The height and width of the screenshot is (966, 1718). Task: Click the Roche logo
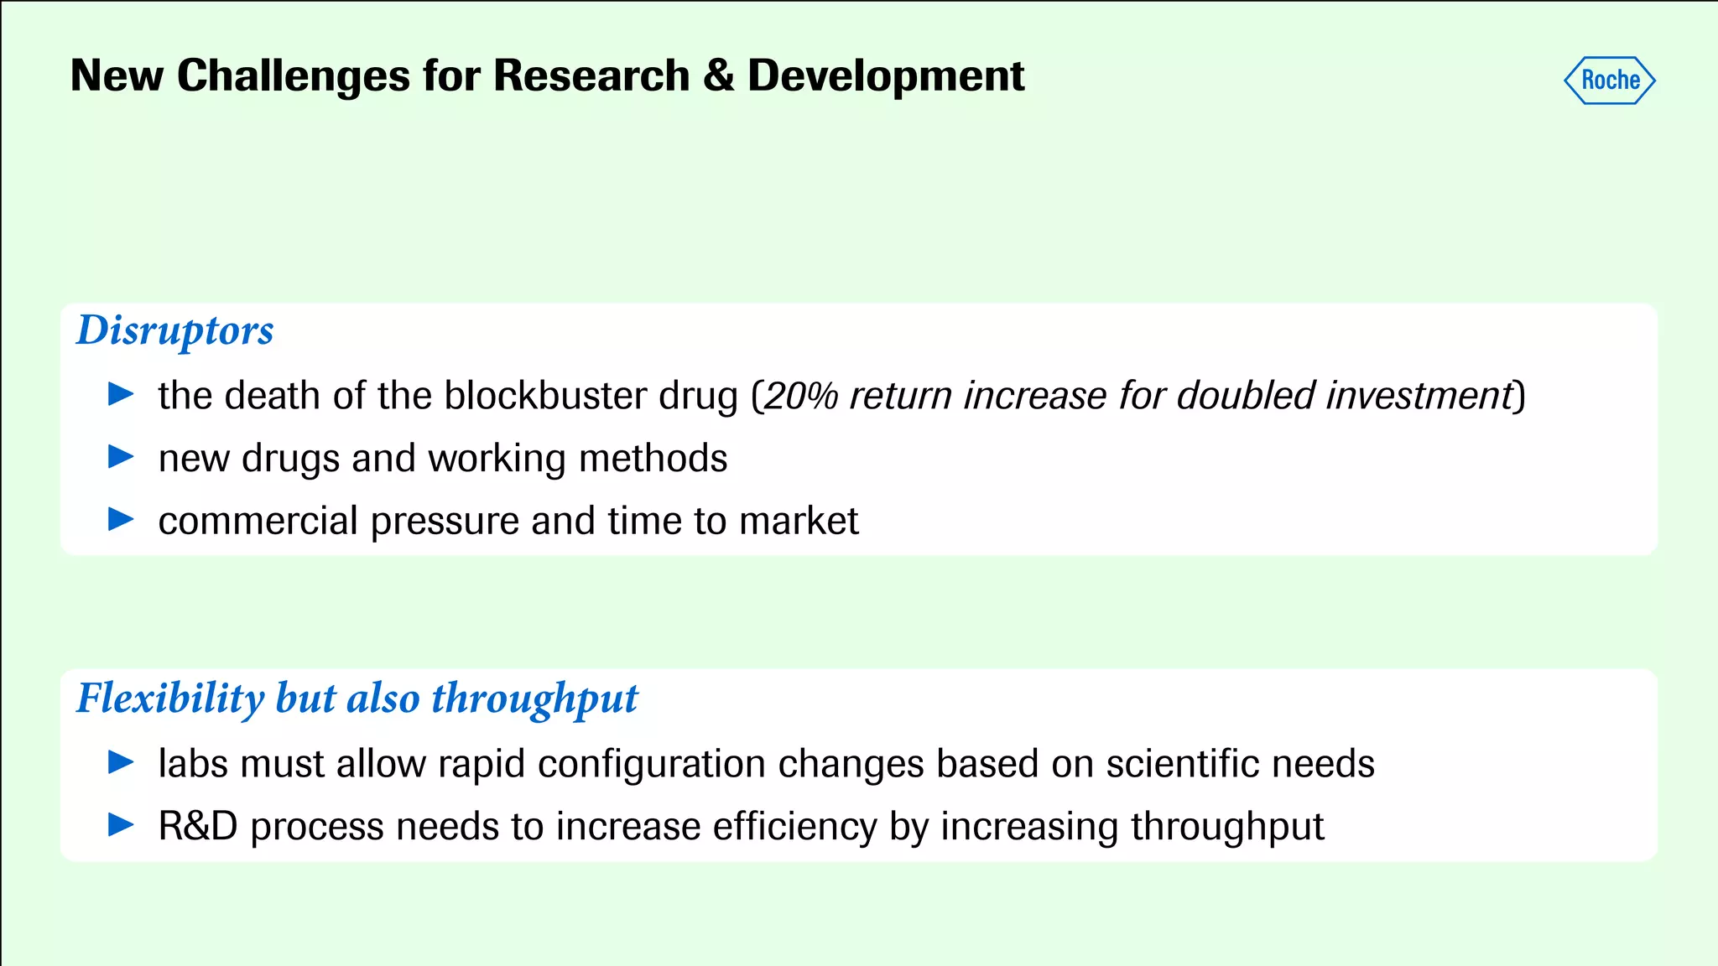point(1609,80)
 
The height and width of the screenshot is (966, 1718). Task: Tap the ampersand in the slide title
point(718,76)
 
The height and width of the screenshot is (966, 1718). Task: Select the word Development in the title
point(886,76)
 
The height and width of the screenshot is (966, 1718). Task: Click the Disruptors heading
point(174,330)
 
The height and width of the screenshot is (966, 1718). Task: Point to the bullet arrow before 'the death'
point(122,393)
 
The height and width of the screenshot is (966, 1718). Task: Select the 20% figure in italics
point(801,396)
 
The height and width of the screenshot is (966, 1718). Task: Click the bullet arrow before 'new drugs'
point(122,456)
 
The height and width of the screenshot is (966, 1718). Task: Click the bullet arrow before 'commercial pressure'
point(122,519)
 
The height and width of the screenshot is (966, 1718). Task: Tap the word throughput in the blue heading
point(534,699)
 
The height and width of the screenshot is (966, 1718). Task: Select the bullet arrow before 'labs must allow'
point(122,761)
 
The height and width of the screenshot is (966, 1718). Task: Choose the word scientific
point(1182,764)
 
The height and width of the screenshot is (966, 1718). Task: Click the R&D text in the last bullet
point(198,827)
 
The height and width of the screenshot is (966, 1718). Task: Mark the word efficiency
point(794,828)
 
